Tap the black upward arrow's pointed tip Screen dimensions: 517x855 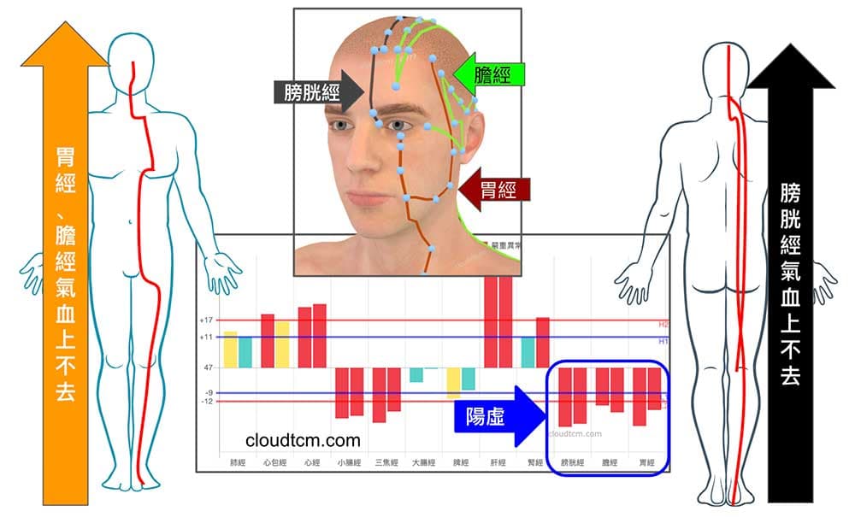[790, 47]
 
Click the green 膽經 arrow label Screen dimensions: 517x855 [489, 75]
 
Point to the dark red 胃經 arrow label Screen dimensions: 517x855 [496, 189]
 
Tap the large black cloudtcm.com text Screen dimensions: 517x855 [303, 440]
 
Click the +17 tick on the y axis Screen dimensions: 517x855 [206, 320]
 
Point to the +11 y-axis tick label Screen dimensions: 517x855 [206, 337]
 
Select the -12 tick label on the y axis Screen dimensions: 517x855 [207, 402]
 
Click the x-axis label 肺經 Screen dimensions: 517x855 [237, 463]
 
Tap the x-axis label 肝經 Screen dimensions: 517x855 [498, 463]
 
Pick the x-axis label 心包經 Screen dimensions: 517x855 [274, 463]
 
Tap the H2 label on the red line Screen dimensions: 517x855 [663, 325]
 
